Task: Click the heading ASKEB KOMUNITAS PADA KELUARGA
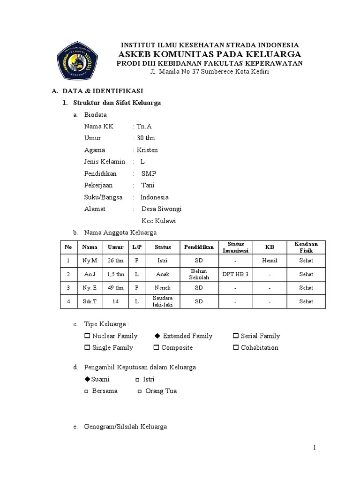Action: [209, 54]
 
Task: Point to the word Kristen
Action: [147, 150]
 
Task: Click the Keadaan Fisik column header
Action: [306, 247]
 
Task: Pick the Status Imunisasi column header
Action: [235, 247]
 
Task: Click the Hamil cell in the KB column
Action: [270, 261]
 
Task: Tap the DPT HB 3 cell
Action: [235, 274]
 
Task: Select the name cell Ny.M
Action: [90, 261]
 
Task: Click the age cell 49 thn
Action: [116, 288]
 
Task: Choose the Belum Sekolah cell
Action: [199, 274]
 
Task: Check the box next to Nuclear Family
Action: [87, 336]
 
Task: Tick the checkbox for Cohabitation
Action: [236, 348]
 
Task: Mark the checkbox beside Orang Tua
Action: [140, 391]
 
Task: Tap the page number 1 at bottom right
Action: [315, 448]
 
